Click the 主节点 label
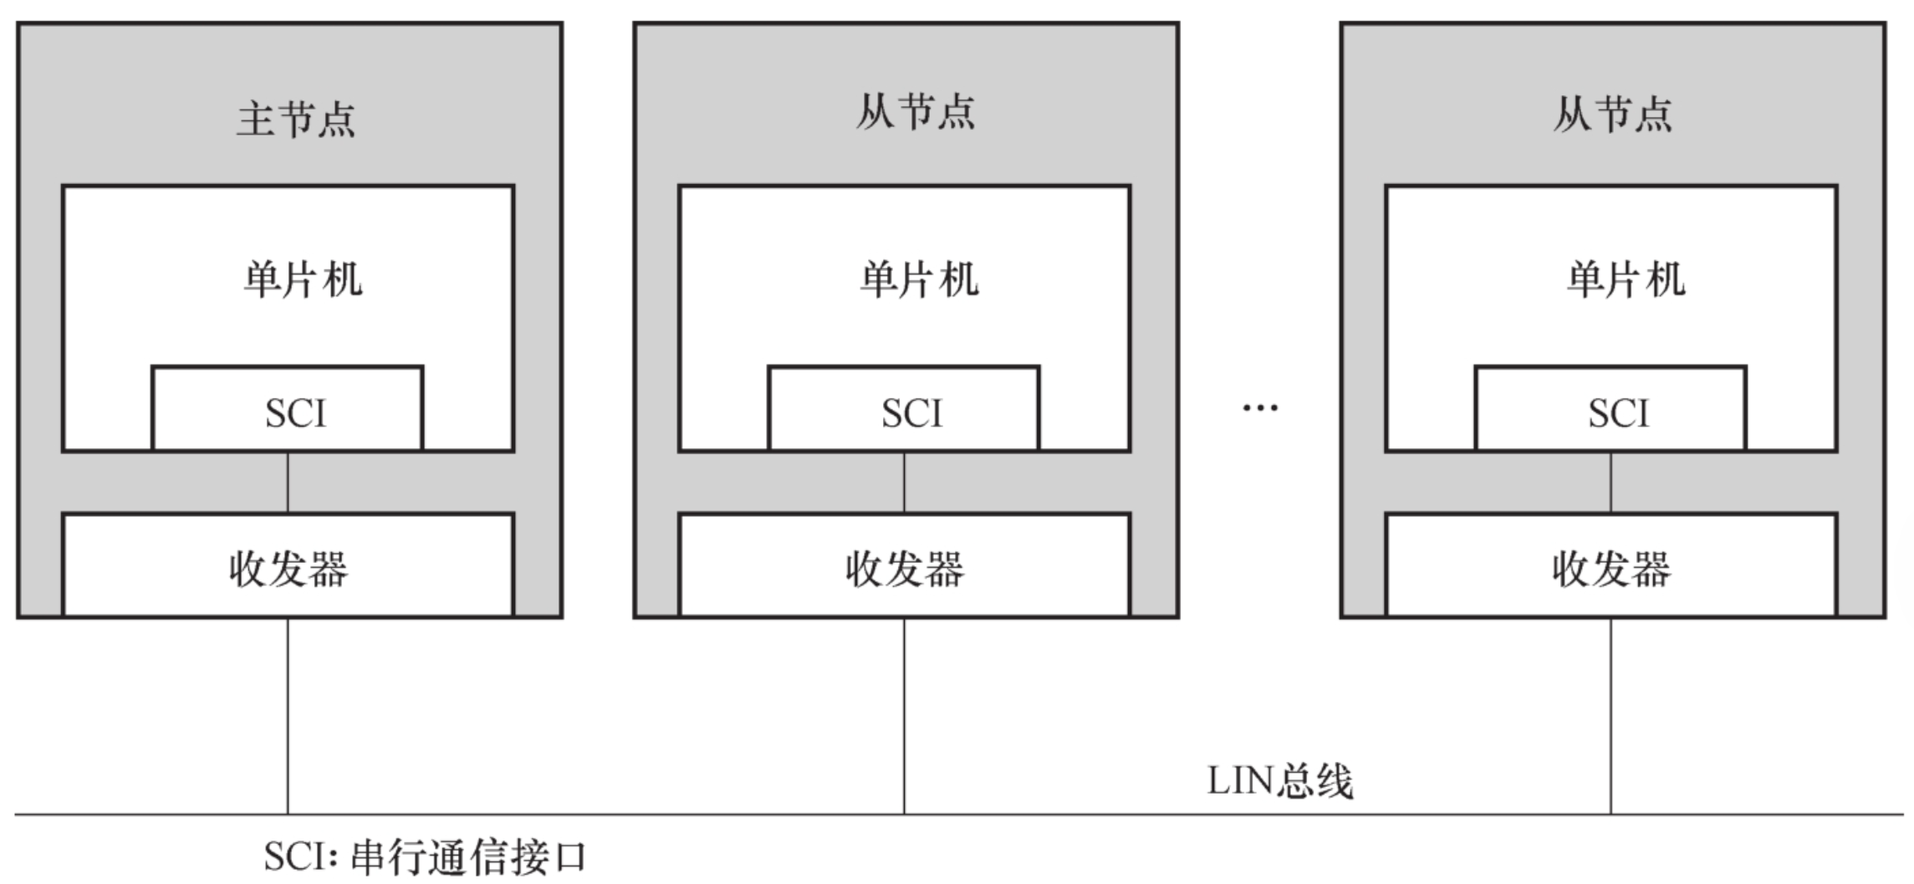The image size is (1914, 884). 296,119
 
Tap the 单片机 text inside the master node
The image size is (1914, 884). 303,279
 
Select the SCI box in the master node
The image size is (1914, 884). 288,409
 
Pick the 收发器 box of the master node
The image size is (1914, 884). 288,566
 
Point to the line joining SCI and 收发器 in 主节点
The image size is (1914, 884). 288,483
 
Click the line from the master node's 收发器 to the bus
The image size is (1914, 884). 288,715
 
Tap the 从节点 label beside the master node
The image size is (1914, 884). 915,113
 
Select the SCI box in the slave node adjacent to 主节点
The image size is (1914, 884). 904,409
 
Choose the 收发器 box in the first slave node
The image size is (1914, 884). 904,566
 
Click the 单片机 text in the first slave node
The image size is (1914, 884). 919,279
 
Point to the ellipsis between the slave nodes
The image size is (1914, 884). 1260,408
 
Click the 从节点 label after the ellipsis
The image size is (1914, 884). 1613,115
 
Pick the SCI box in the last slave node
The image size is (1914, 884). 1610,409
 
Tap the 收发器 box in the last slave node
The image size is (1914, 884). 1610,566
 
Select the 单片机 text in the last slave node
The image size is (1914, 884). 1626,279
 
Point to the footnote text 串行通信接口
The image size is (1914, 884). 468,857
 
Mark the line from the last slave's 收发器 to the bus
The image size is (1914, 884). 1610,715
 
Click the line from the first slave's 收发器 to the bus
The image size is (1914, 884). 904,715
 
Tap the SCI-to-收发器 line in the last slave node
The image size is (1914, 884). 1610,483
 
